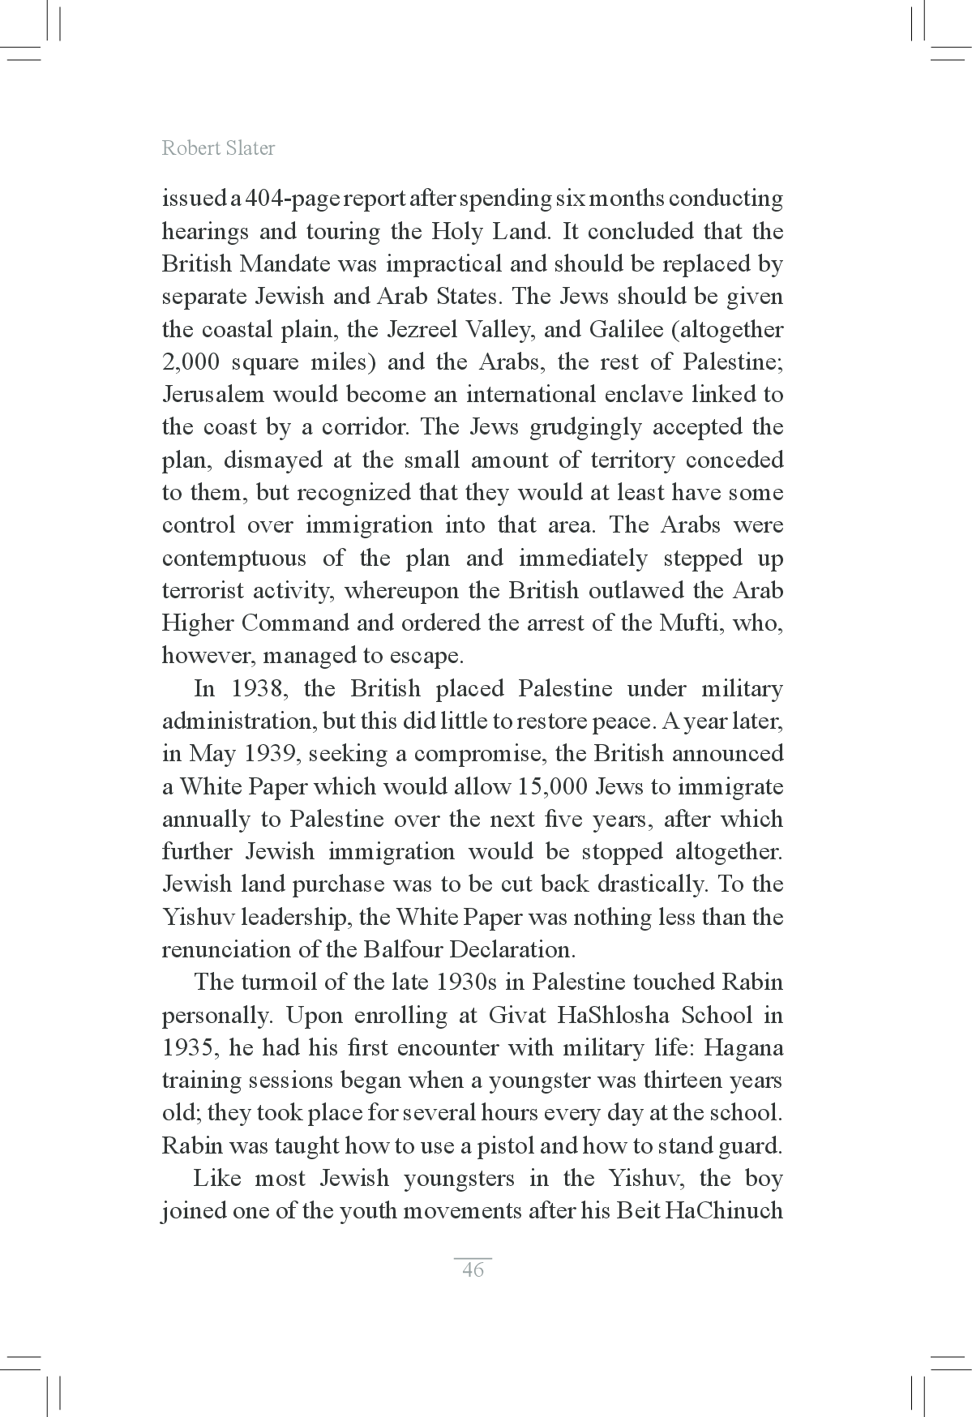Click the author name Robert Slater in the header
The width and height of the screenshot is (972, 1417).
point(218,148)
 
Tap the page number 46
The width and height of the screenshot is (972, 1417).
point(473,1269)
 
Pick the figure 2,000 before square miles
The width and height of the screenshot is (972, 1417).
point(191,362)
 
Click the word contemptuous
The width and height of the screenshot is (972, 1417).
point(234,559)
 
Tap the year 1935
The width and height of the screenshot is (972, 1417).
point(190,1048)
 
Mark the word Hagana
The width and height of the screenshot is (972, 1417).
point(743,1048)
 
